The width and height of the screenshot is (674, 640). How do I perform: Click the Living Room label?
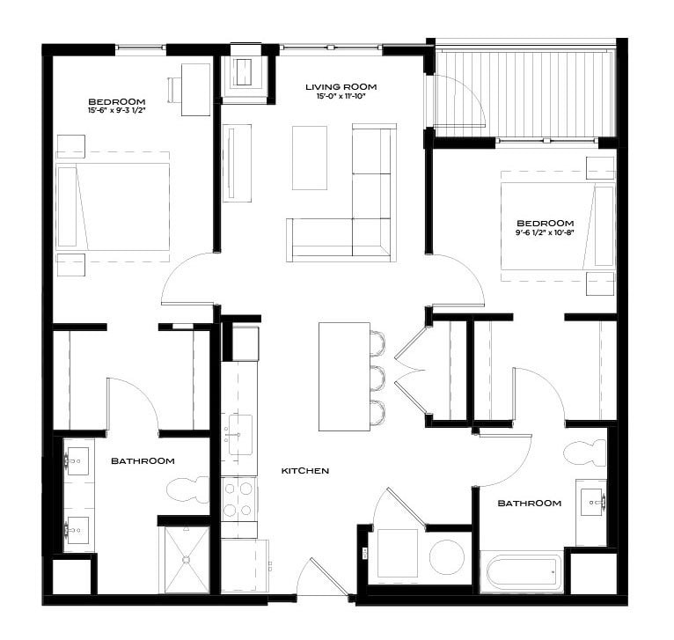pos(341,86)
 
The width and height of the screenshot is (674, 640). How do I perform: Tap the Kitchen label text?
pos(304,471)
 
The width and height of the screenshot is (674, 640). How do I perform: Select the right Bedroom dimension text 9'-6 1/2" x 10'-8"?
pos(546,233)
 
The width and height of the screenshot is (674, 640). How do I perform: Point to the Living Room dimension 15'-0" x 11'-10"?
pos(341,96)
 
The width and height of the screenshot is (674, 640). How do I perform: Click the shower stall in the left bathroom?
pos(186,559)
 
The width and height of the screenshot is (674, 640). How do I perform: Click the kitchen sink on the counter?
pos(238,435)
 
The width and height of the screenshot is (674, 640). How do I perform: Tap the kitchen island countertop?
pos(344,377)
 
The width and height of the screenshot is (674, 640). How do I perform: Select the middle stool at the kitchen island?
pos(378,377)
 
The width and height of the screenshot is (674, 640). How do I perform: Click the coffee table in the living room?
pos(309,158)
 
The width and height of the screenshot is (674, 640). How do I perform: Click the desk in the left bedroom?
pos(195,90)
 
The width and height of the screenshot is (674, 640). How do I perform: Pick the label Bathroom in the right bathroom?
pos(529,504)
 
